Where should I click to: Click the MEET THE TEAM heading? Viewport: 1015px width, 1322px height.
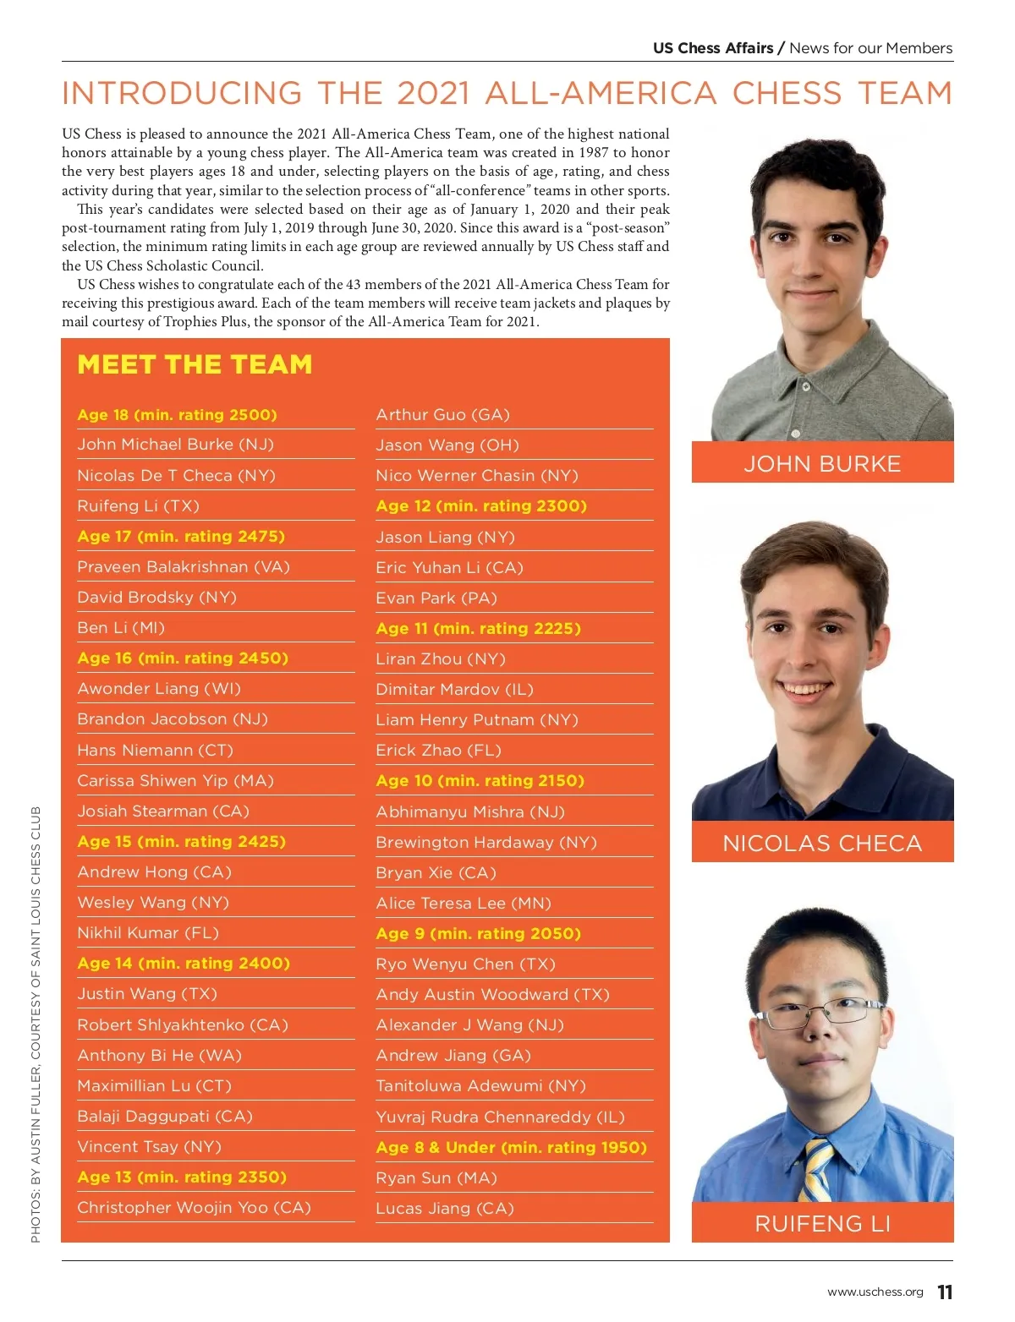click(195, 364)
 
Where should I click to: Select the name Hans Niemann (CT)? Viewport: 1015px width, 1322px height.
click(155, 750)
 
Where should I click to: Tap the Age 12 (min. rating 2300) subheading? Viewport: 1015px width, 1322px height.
click(480, 506)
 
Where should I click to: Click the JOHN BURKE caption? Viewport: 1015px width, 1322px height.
click(822, 464)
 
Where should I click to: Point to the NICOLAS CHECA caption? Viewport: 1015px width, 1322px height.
click(822, 844)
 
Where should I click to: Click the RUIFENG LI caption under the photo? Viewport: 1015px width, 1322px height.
click(822, 1223)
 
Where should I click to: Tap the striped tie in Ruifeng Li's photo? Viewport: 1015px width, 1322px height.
click(818, 1171)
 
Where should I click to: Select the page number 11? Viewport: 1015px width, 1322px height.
click(945, 1292)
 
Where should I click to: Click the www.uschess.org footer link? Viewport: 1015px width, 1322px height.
click(875, 1292)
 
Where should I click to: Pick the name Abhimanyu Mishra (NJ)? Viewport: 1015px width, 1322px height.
click(469, 812)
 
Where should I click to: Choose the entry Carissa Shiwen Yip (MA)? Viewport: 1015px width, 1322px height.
click(175, 781)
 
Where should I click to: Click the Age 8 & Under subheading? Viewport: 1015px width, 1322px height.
click(511, 1148)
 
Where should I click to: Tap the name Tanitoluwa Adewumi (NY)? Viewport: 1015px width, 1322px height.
click(480, 1086)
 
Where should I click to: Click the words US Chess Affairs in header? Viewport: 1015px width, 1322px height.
click(712, 48)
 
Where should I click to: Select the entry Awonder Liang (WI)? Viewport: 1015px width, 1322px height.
click(159, 689)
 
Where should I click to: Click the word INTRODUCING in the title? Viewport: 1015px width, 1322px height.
click(182, 93)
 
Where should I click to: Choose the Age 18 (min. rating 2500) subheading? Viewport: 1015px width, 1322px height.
click(177, 415)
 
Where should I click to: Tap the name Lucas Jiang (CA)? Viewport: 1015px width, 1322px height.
click(444, 1209)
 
